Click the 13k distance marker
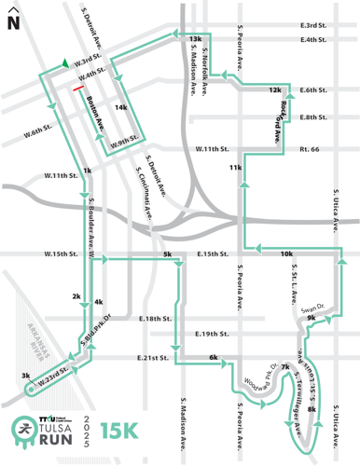click(195, 38)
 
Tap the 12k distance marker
click(274, 89)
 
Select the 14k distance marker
click(120, 107)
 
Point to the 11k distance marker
click(235, 167)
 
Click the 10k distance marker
click(285, 254)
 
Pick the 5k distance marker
click(167, 254)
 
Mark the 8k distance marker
click(312, 409)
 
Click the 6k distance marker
click(214, 358)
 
